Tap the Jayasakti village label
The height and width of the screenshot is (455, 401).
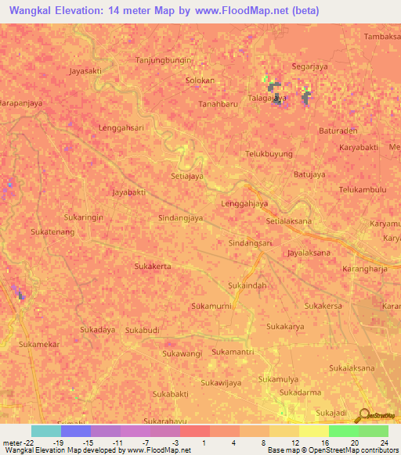[85, 70]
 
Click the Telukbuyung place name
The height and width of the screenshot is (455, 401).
[269, 154]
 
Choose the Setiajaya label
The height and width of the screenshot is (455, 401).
[187, 176]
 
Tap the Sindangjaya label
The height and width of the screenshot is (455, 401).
[181, 218]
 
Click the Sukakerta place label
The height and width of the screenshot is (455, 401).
[153, 266]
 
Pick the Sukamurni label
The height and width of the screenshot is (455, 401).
[211, 306]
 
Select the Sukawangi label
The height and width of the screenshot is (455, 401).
[182, 354]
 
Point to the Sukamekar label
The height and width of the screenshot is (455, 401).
[39, 344]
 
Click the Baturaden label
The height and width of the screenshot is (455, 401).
[338, 131]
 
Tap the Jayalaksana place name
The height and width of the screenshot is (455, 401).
[309, 253]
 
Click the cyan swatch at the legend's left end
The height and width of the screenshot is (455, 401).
[45, 431]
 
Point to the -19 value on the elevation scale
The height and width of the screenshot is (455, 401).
[59, 442]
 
